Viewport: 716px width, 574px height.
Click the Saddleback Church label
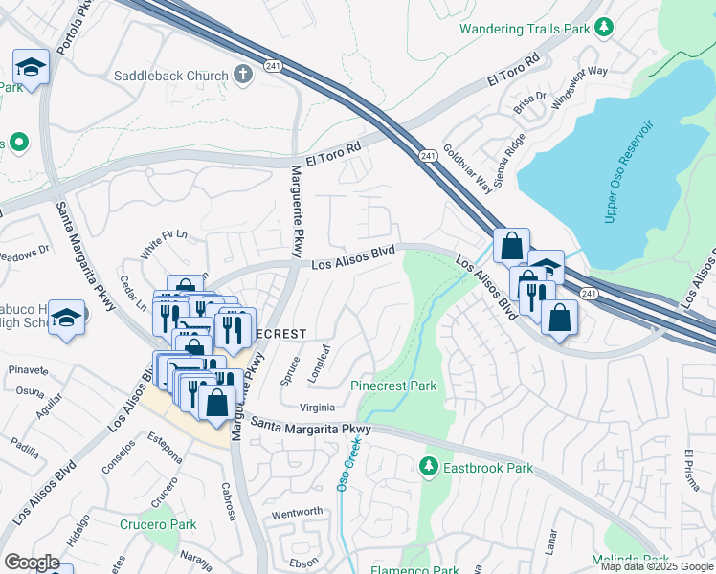[x=171, y=76]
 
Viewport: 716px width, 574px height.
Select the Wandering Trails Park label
[x=523, y=29]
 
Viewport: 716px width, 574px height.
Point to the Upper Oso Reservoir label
[x=628, y=172]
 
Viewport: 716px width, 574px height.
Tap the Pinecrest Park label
[x=393, y=386]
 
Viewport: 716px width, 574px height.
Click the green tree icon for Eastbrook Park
[x=429, y=468]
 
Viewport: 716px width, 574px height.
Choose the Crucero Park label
[x=158, y=524]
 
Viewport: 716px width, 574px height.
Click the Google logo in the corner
[x=32, y=563]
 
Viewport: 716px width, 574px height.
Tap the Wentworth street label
[x=298, y=512]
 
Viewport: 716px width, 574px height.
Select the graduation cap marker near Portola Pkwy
[x=31, y=68]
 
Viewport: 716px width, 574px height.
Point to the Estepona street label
[x=164, y=449]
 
